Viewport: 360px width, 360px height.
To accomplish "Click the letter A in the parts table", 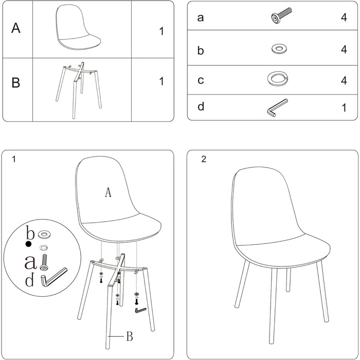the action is point(16,28).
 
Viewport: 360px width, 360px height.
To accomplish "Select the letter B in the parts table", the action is point(15,82).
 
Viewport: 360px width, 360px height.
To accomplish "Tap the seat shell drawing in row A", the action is point(78,27).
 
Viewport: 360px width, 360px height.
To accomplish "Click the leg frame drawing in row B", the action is point(79,89).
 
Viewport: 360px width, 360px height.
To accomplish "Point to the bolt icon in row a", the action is point(281,15).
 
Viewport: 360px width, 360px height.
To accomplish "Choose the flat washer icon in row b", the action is point(279,49).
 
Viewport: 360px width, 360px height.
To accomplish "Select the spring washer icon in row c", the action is point(278,79).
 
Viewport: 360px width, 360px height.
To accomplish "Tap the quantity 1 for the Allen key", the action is point(344,108).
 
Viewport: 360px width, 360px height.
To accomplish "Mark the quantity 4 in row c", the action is point(344,80).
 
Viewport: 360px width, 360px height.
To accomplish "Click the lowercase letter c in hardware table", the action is point(201,80).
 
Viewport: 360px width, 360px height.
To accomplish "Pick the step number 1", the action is point(14,159).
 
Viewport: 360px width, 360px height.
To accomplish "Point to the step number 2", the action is point(204,159).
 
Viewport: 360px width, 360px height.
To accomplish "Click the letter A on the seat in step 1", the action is point(108,192).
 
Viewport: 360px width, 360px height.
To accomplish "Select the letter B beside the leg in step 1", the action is point(130,336).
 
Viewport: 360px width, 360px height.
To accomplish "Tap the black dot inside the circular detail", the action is point(28,244).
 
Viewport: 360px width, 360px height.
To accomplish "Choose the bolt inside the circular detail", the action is point(44,262).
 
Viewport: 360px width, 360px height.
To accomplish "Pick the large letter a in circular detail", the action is point(30,262).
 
